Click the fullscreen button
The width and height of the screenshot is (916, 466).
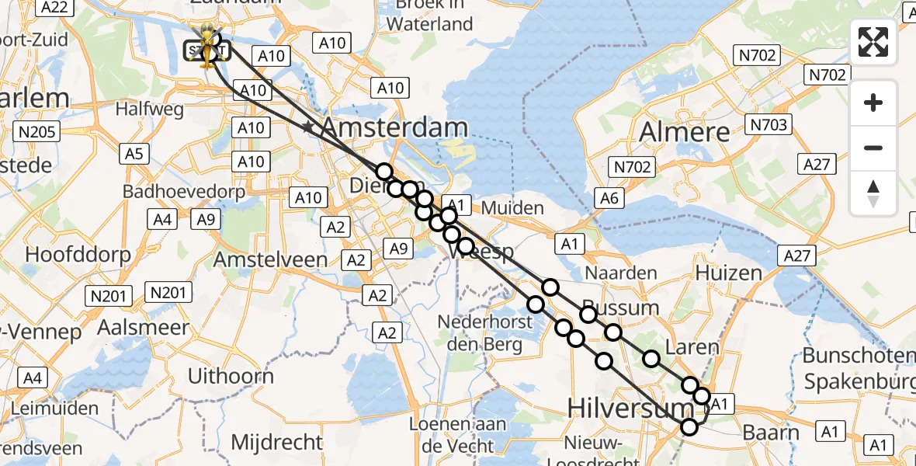(x=873, y=42)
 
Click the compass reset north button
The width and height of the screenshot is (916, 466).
(x=873, y=193)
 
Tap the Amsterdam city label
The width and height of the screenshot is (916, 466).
(x=394, y=128)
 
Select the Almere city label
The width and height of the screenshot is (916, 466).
(x=685, y=131)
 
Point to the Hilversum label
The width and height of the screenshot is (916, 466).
(x=619, y=407)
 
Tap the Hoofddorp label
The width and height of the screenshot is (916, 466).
(x=71, y=254)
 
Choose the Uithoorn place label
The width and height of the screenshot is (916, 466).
(x=231, y=377)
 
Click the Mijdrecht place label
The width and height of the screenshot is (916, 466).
(x=277, y=443)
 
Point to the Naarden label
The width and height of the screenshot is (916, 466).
(x=621, y=273)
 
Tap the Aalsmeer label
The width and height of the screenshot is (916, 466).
(x=144, y=327)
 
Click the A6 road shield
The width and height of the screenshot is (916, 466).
(x=609, y=199)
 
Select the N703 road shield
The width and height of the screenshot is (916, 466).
(x=769, y=124)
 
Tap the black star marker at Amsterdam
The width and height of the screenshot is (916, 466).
(x=309, y=127)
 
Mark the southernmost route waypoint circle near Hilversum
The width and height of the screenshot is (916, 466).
(x=689, y=426)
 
